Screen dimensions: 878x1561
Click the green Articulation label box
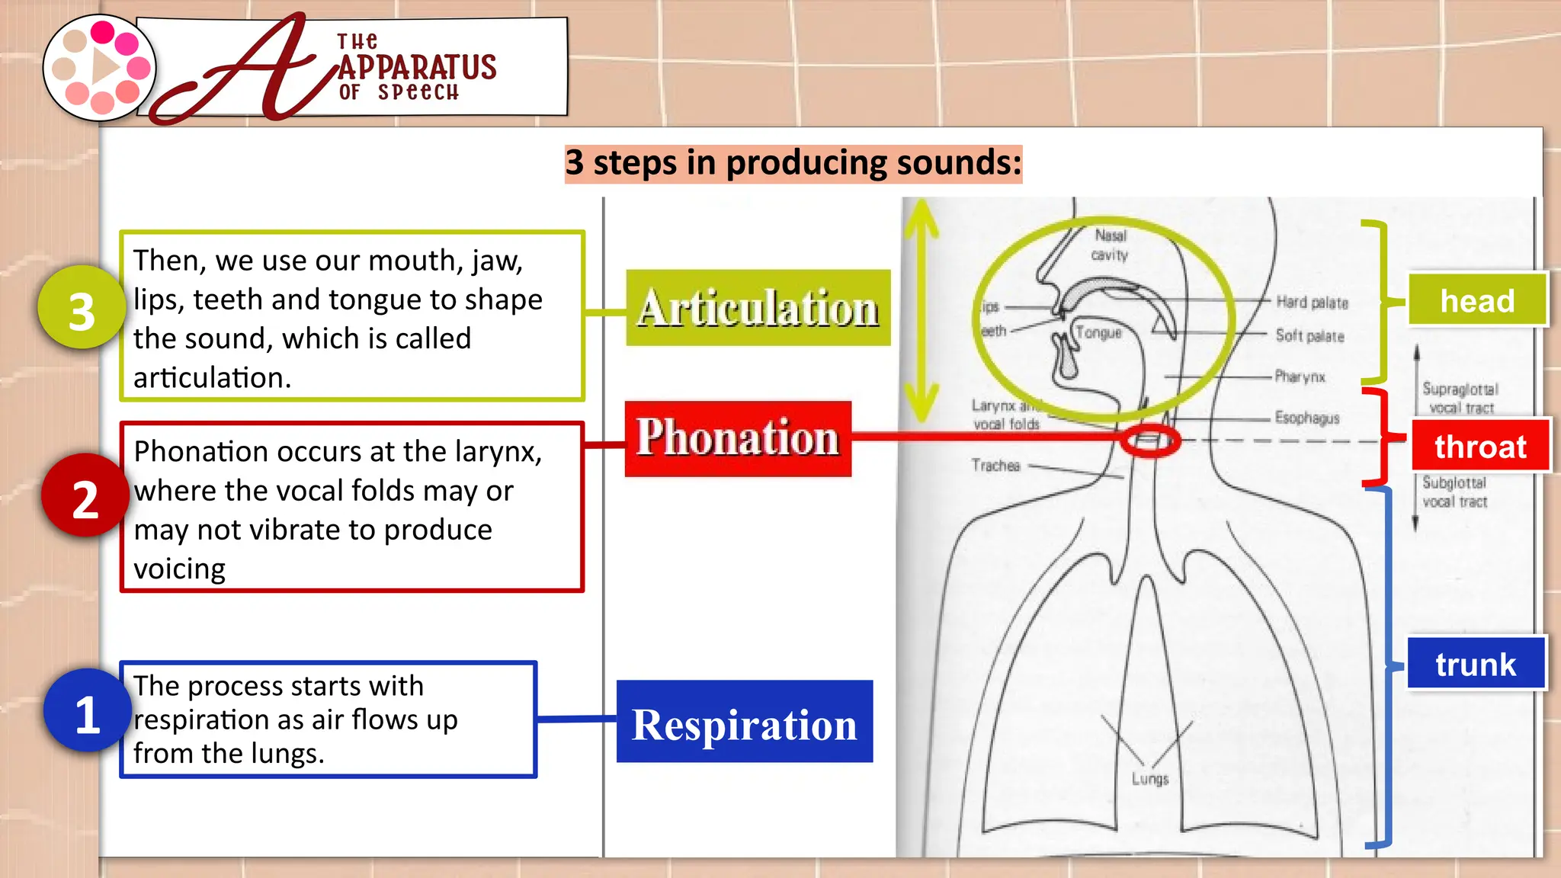pos(758,307)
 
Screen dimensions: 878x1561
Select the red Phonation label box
pos(737,438)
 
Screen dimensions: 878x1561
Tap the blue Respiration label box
pos(744,721)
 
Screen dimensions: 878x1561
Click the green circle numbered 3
pos(82,308)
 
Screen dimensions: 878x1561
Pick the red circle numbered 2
pos(85,496)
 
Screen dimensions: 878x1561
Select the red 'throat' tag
pos(1479,446)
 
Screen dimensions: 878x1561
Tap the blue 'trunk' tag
pos(1476,664)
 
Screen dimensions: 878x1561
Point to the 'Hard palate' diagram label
pos(1312,303)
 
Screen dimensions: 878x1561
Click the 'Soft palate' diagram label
pos(1309,336)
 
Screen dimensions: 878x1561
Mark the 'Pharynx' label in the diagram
pos(1300,377)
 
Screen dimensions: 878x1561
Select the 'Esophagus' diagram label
pos(1306,418)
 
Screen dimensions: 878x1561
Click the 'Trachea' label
pos(995,465)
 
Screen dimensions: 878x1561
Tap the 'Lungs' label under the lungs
pos(1149,779)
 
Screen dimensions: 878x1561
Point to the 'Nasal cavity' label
pos(1110,245)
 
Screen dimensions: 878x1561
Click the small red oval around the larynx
pos(1150,441)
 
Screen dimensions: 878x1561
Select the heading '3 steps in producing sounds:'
pos(793,163)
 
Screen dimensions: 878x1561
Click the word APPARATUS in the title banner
pos(417,67)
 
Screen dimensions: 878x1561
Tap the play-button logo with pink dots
pos(99,68)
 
